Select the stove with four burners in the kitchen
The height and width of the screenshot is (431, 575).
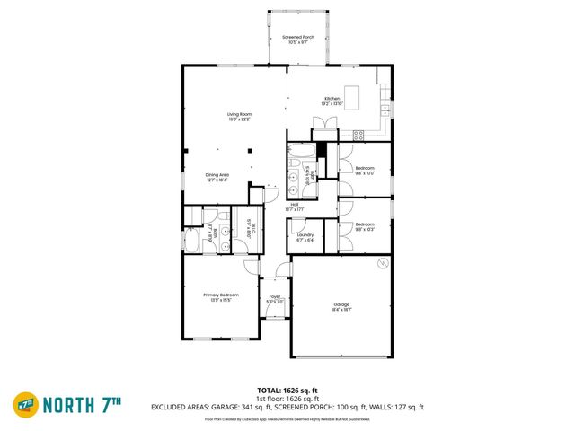click(358, 136)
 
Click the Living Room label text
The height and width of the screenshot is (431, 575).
click(238, 117)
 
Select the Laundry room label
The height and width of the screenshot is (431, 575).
click(305, 238)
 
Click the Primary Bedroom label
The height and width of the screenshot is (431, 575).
click(219, 296)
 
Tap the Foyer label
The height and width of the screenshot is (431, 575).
click(275, 299)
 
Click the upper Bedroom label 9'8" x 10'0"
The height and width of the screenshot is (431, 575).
click(364, 171)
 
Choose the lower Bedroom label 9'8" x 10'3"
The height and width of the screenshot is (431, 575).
click(364, 226)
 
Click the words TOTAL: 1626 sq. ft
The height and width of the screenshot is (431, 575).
click(287, 390)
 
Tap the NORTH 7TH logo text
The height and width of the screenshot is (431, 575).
click(85, 403)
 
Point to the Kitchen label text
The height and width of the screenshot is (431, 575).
click(332, 101)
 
